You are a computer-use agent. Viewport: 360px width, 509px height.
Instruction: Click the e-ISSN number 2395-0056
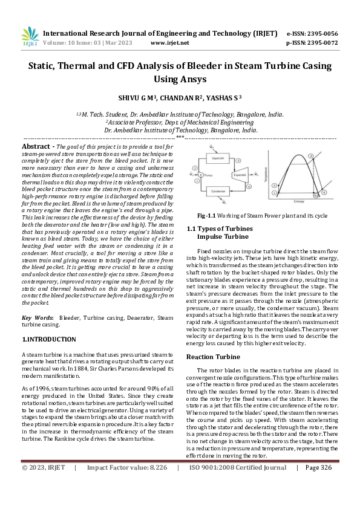click(321, 33)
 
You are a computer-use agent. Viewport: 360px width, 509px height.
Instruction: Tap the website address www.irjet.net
click(169, 43)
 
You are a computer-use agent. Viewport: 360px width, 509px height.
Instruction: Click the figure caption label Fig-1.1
click(206, 215)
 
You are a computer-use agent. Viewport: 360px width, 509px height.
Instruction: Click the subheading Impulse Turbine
click(221, 237)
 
